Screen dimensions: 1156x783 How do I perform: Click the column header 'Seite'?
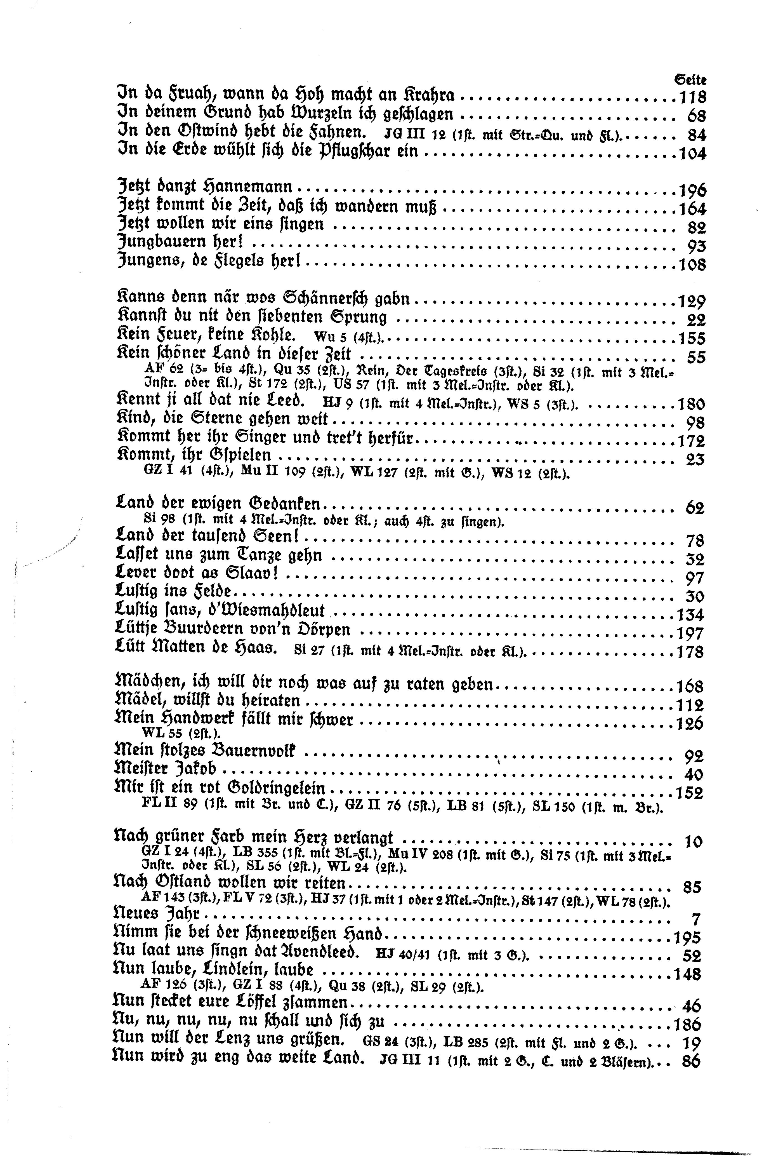(x=690, y=79)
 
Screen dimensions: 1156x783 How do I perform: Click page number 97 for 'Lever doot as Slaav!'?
(x=695, y=578)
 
